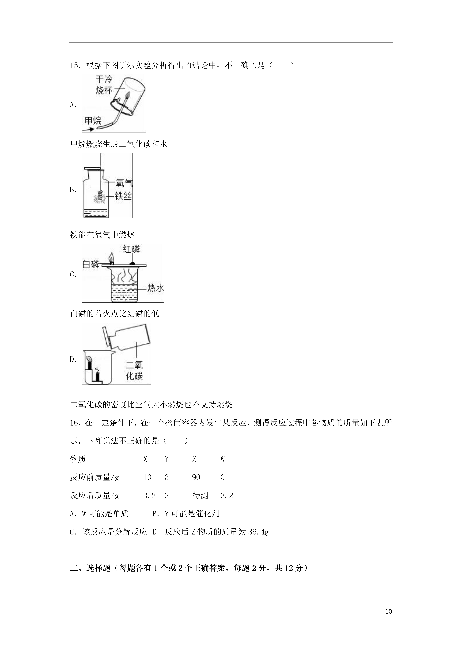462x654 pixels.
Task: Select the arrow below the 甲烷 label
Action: click(88, 129)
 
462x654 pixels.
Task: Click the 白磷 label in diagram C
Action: click(91, 264)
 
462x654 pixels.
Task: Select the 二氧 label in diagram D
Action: click(134, 365)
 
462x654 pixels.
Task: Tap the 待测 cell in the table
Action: click(200, 496)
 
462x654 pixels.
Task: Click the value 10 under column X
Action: click(147, 477)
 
